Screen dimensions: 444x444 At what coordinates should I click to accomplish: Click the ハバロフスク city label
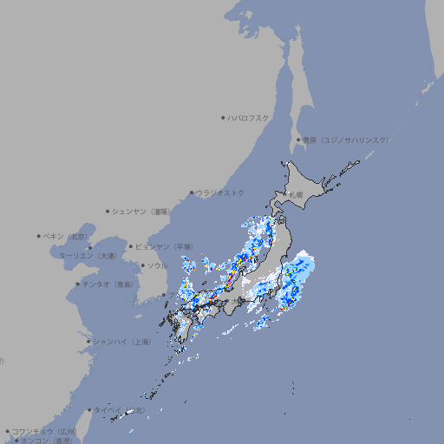[249, 117]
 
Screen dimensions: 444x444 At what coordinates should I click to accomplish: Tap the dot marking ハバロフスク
[224, 117]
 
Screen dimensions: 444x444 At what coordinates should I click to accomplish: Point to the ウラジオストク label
[220, 193]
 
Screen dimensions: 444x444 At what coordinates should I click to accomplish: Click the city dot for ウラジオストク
[193, 193]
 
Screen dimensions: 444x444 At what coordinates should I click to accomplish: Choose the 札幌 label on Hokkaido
[297, 195]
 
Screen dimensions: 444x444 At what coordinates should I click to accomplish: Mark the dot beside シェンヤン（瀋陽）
[108, 211]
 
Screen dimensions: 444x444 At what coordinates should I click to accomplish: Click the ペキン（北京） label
[66, 236]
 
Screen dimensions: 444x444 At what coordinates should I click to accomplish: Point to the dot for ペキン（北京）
[40, 236]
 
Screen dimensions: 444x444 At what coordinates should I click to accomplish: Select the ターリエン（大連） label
[88, 256]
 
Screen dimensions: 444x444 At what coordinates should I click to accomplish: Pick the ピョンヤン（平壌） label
[165, 246]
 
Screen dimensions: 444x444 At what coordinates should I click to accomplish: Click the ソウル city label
[157, 265]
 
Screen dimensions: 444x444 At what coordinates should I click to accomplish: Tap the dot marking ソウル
[142, 265]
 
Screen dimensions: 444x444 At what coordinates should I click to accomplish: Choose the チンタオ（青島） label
[108, 284]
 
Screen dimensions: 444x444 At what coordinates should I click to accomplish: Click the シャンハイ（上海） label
[121, 342]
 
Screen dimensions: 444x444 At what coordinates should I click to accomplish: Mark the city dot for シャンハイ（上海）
[88, 342]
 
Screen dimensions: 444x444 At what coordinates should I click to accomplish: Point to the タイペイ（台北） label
[119, 410]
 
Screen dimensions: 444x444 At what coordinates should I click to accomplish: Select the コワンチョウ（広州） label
[44, 431]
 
